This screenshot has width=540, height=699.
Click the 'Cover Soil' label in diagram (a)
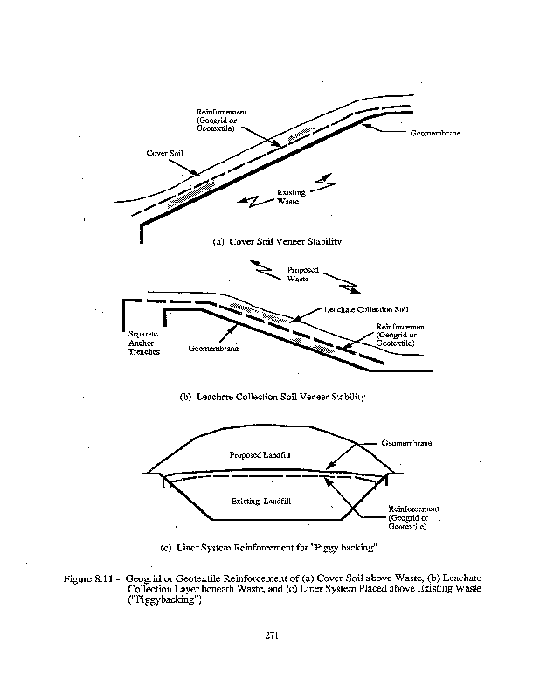click(x=164, y=153)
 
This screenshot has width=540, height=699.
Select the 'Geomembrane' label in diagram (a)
click(x=435, y=134)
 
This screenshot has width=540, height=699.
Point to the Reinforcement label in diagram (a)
click(x=222, y=120)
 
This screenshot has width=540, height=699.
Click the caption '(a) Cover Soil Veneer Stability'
click(x=277, y=242)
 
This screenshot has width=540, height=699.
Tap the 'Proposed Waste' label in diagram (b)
click(x=302, y=274)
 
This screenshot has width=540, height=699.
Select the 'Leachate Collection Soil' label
click(x=367, y=309)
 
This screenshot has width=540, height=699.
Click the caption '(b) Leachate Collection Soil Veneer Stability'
click(x=272, y=396)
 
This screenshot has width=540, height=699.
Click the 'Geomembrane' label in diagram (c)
click(x=407, y=443)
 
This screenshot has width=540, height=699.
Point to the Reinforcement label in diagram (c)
click(x=413, y=517)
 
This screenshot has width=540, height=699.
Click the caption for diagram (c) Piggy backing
click(x=268, y=548)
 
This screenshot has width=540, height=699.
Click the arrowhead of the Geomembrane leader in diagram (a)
click(x=363, y=128)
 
